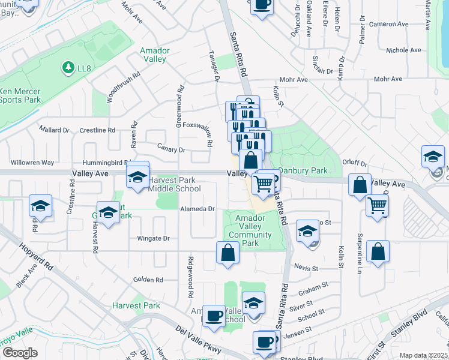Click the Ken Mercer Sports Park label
pos(20,95)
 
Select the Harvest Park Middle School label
pos(175,184)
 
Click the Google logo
pos(20,353)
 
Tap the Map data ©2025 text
pos(423,355)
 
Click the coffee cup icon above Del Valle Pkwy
pos(213,316)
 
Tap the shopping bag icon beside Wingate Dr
pos(228,251)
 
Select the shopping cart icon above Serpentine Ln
pos(377,205)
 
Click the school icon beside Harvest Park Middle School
pos(137,178)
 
